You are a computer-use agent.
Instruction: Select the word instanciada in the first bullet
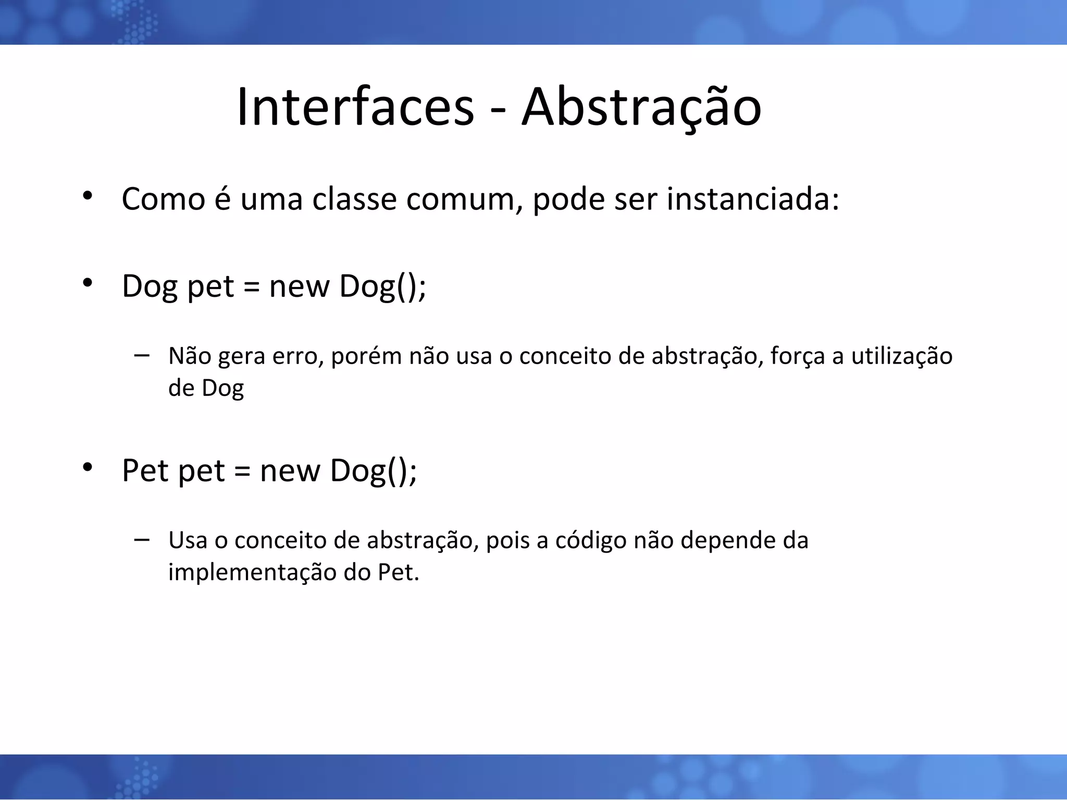(x=753, y=199)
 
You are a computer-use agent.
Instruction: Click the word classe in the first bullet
(x=354, y=199)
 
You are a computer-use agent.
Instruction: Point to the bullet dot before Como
(x=87, y=196)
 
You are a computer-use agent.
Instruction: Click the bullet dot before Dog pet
(x=87, y=283)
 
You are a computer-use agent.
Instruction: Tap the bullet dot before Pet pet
(x=87, y=467)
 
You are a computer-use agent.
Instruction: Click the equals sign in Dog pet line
(x=251, y=287)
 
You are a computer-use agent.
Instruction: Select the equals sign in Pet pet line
(x=242, y=471)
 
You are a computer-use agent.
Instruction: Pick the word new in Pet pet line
(x=290, y=471)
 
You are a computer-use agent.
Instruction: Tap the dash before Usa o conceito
(x=141, y=539)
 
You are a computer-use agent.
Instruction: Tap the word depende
(x=728, y=541)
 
